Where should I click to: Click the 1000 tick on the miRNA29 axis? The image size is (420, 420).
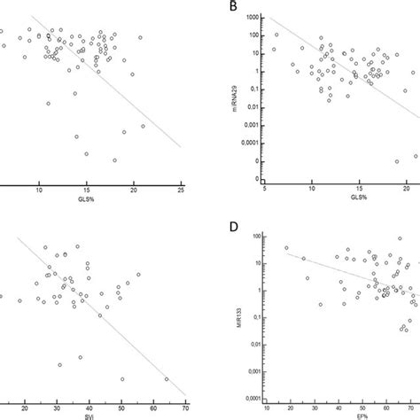click(253, 17)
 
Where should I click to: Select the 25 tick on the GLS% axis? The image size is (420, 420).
click(181, 188)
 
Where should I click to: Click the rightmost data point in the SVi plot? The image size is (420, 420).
click(167, 379)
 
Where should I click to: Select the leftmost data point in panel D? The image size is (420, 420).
click(286, 249)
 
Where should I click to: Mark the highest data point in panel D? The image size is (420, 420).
click(286, 249)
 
